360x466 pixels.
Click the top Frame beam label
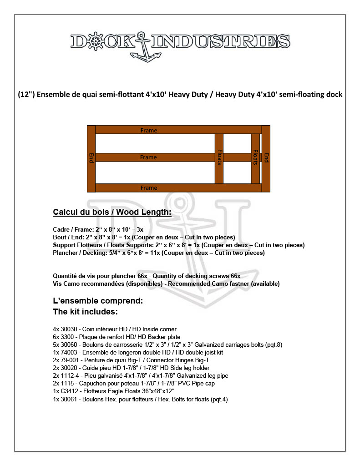point(149,131)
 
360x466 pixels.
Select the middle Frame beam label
point(148,157)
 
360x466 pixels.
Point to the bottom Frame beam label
point(149,187)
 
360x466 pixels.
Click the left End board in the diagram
point(91,158)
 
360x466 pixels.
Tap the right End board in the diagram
point(266,158)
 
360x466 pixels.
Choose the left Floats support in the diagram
point(219,158)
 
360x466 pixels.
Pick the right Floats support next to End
point(255,158)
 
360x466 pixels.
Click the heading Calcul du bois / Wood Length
point(112,213)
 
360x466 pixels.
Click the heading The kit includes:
point(86,312)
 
